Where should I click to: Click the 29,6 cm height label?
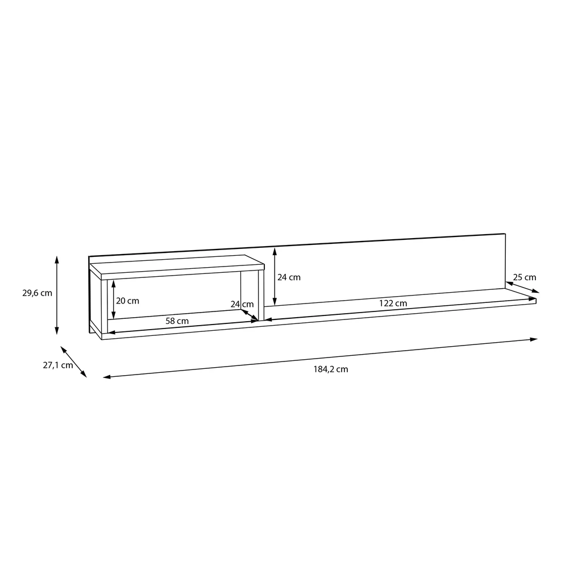(37, 293)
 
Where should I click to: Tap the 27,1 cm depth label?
(58, 365)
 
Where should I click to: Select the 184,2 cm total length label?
(331, 369)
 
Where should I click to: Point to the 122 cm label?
(393, 304)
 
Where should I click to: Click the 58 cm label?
(177, 321)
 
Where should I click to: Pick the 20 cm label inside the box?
(127, 301)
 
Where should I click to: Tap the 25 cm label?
(525, 277)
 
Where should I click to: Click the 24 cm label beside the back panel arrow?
(289, 277)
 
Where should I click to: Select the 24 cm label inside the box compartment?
(242, 305)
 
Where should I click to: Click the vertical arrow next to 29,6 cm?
(57, 295)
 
